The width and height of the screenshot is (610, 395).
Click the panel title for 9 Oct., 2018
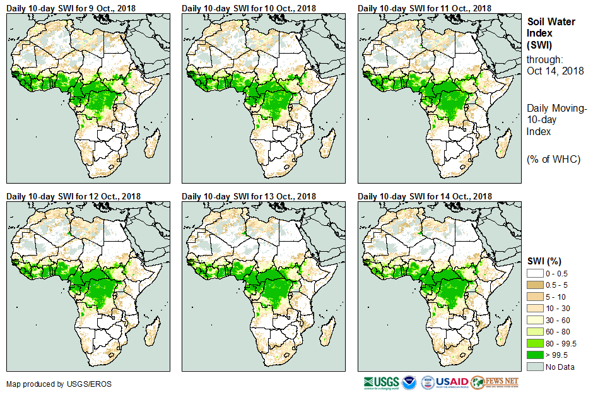pos(73,8)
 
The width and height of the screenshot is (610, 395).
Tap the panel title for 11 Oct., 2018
pos(425,8)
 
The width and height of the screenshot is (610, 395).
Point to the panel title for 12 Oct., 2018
pos(73,196)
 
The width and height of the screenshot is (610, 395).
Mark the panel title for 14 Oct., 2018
pos(425,196)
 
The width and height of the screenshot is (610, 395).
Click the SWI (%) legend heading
pos(544,261)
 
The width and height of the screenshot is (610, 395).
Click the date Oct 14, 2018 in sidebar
pos(555,71)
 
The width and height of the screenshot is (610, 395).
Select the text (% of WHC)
pos(553,159)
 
